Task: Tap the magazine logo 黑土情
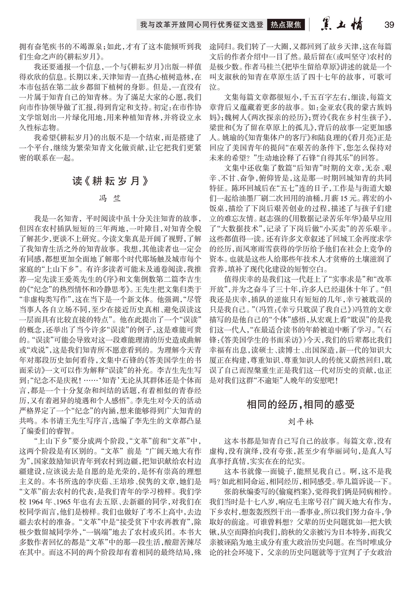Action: (x=342, y=24)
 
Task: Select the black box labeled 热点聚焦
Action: (x=286, y=25)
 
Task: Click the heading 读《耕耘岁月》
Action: (x=110, y=181)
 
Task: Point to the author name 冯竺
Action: (x=110, y=199)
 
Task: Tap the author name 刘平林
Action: (x=300, y=422)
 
